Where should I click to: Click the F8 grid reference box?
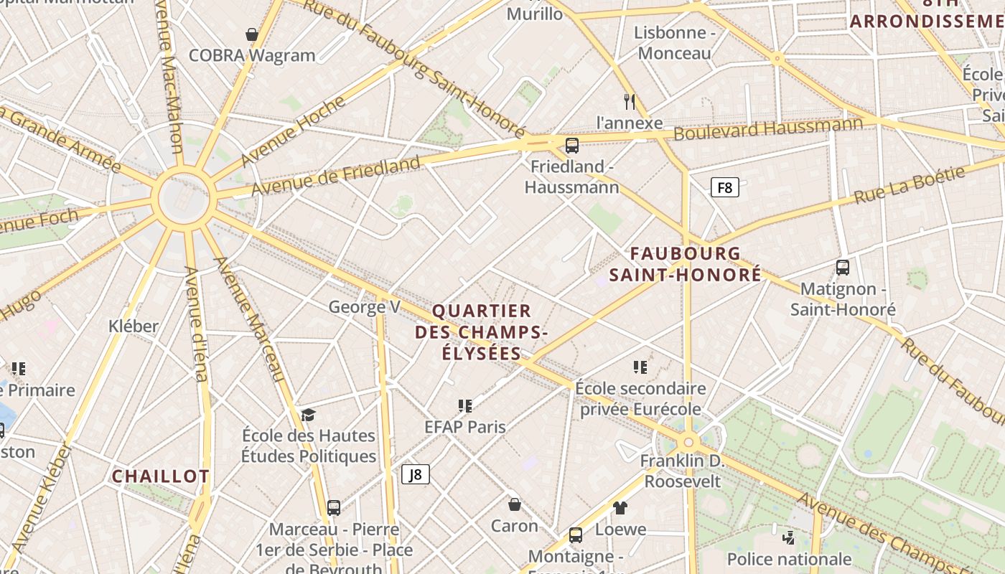point(724,188)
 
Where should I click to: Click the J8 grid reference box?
point(415,474)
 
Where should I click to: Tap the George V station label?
point(364,307)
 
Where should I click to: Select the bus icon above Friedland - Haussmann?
point(572,146)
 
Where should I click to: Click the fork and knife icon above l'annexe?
point(630,101)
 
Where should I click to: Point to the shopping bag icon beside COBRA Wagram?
point(252,34)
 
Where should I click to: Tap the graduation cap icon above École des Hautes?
point(308,415)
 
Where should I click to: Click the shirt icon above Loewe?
point(620,508)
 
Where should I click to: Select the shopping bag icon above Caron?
point(514,504)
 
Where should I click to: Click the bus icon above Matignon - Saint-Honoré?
point(843,268)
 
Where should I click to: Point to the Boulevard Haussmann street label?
point(767,130)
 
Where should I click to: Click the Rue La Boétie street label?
point(910,185)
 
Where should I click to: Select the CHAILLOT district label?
point(161,476)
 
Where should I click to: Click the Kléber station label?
point(134,326)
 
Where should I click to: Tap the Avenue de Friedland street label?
point(335,177)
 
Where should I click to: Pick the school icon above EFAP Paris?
point(465,406)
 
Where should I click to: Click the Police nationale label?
point(789,559)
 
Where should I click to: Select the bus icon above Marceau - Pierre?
point(334,508)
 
